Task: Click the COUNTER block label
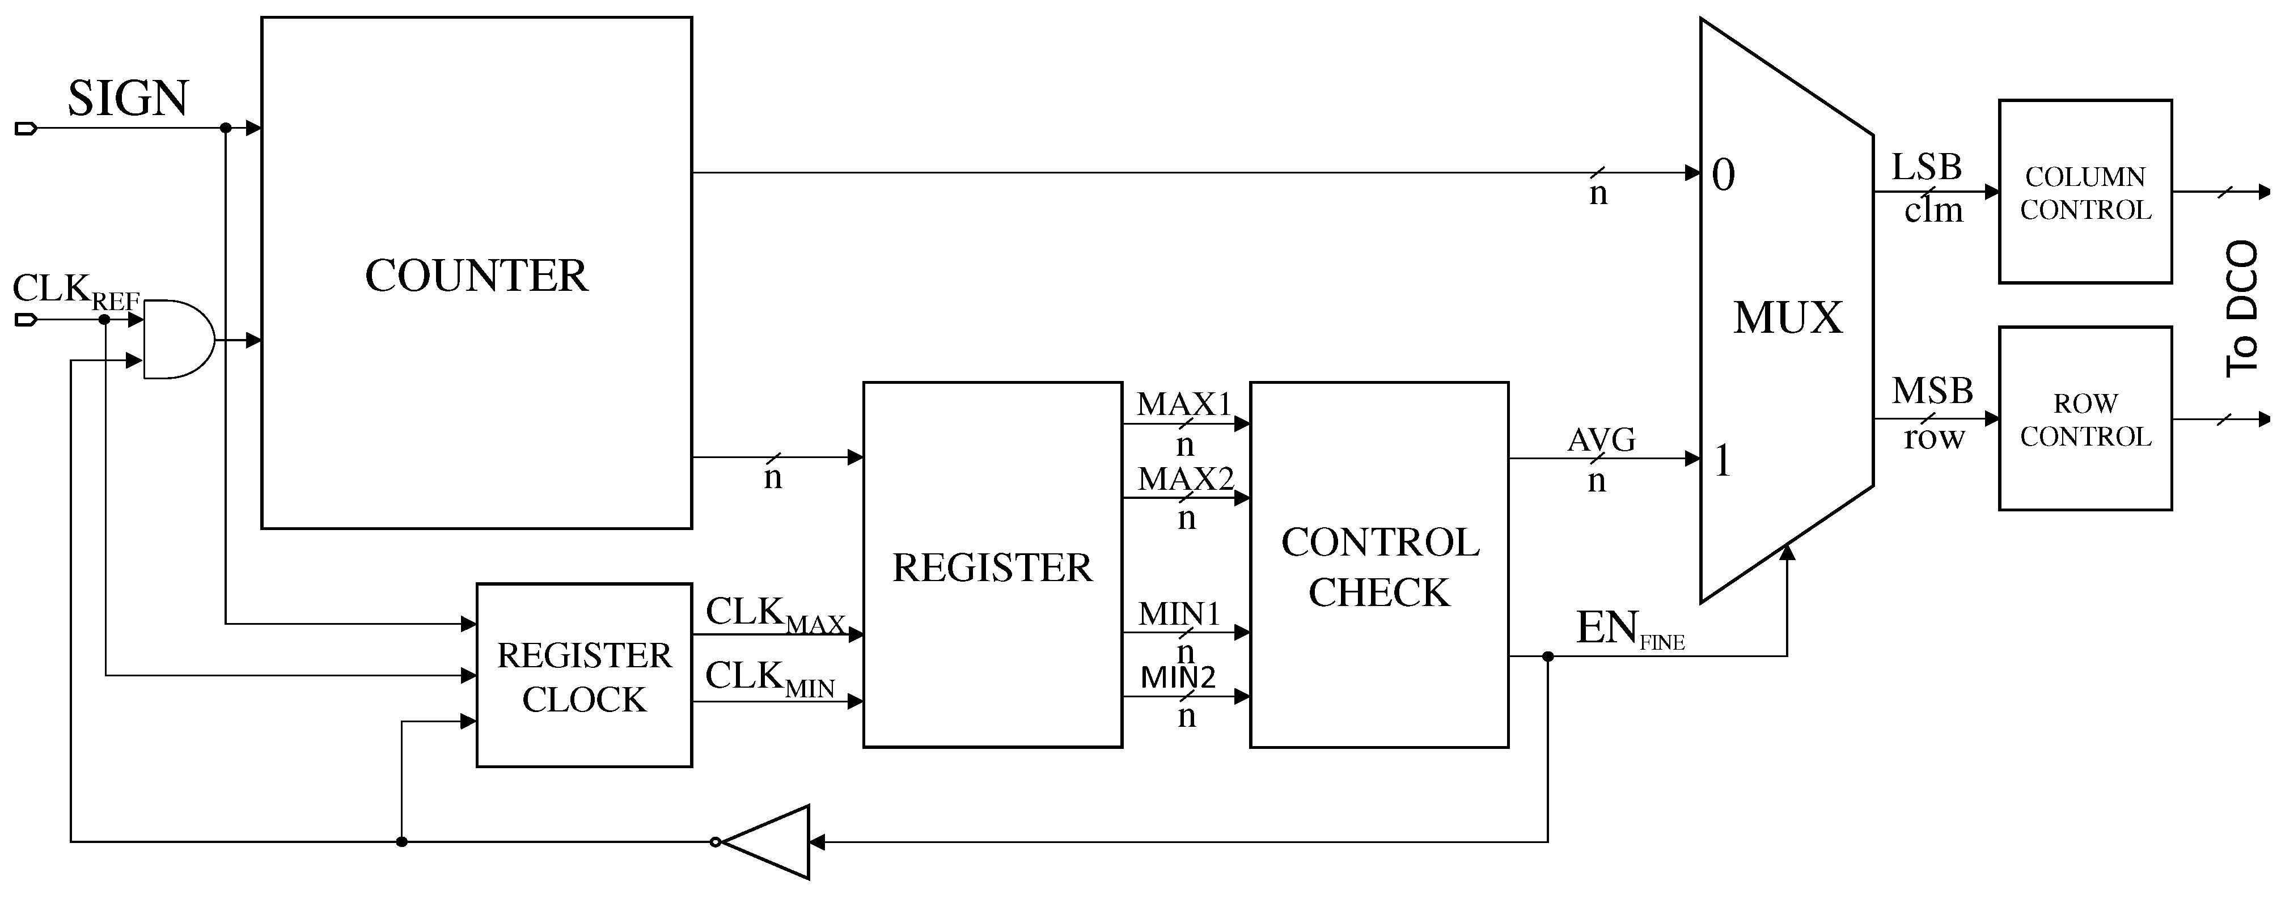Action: [x=476, y=276]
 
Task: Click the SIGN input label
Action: [x=128, y=98]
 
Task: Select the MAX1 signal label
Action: [x=1184, y=405]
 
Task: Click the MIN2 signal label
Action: [x=1178, y=677]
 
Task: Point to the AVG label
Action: [x=1601, y=440]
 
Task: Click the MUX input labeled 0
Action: [x=1723, y=175]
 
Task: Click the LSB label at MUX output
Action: [x=1926, y=167]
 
